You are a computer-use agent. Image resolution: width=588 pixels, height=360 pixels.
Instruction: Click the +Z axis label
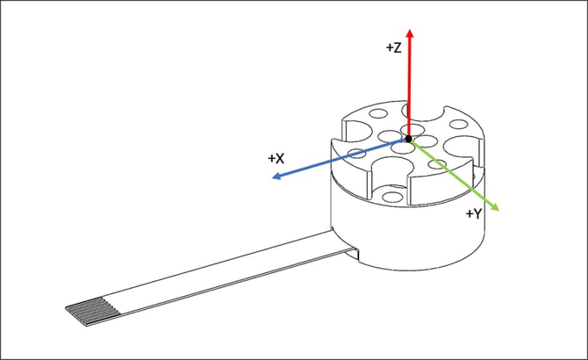point(393,49)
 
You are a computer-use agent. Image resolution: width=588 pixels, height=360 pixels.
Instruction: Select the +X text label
point(276,159)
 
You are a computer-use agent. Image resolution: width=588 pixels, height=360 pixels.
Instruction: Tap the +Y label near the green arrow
point(475,213)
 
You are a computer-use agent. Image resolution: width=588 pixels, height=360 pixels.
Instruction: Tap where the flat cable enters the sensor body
point(349,248)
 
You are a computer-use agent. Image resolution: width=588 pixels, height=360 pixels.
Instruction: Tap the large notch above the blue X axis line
point(355,132)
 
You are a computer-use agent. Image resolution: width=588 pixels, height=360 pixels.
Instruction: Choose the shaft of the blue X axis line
point(325,162)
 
